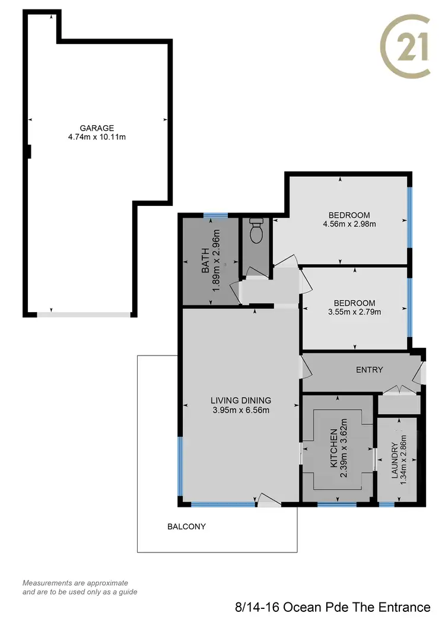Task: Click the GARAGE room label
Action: (97, 128)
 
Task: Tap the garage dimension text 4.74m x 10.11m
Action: (97, 137)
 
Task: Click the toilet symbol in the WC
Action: (256, 231)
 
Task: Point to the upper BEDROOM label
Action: (349, 215)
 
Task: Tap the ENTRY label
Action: (369, 370)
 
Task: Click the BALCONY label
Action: (186, 526)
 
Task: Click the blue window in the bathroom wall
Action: (214, 215)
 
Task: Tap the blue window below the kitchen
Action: (336, 504)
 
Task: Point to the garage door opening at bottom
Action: (83, 314)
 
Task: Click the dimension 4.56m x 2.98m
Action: (349, 224)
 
